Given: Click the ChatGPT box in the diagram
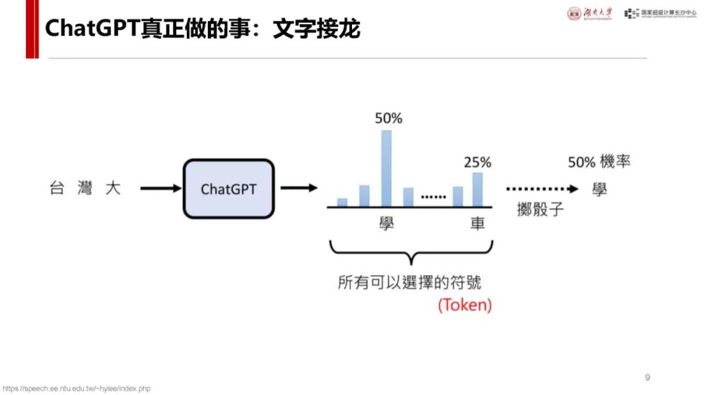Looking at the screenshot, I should [x=229, y=189].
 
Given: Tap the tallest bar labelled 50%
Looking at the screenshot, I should [x=387, y=168].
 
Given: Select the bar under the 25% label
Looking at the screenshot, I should [x=477, y=189].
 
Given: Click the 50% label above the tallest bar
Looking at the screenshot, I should [x=389, y=118].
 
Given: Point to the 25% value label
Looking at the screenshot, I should [x=477, y=161].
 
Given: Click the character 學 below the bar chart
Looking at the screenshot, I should [x=387, y=223].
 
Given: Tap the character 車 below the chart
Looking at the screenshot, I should [x=477, y=223].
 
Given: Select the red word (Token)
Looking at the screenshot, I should [x=464, y=305].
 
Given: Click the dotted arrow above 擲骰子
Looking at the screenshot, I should [x=542, y=189].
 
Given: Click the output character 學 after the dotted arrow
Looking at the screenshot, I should [x=599, y=189].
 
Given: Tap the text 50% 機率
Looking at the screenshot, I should [x=599, y=161].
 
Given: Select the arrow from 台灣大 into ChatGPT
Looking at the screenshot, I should [x=160, y=189].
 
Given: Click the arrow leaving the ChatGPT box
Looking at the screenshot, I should [x=299, y=189].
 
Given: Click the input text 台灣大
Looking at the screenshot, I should [x=85, y=189].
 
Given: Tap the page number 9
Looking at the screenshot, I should [x=647, y=377].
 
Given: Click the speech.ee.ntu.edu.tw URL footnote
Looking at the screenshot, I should [x=76, y=388].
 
